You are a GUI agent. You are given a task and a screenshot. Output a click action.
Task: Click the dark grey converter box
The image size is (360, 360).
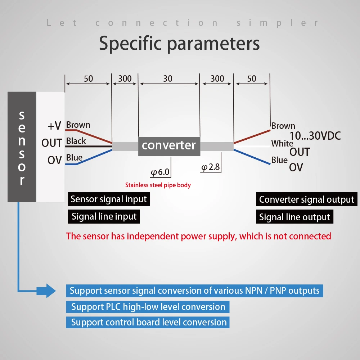(169, 146)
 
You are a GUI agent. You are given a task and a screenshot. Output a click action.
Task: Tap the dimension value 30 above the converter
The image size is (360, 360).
(168, 78)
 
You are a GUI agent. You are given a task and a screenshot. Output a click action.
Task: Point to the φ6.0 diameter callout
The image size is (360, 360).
(160, 172)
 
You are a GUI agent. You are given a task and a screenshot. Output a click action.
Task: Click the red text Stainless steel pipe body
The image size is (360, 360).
(158, 185)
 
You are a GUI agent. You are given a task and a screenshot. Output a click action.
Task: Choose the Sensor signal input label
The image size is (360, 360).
(109, 199)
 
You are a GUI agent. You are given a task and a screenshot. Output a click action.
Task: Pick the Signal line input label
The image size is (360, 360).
(104, 216)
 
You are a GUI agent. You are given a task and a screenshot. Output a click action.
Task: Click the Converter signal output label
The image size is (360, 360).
(306, 199)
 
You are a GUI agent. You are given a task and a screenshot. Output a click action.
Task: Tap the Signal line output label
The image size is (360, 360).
(294, 217)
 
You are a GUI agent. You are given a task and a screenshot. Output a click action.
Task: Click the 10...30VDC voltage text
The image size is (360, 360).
(315, 136)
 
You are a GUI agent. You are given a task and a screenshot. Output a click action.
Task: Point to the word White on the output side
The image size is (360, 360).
(282, 144)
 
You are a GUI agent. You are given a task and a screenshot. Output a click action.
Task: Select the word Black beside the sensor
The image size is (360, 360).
(76, 141)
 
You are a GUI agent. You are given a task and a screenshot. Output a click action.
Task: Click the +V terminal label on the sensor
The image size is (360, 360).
(54, 126)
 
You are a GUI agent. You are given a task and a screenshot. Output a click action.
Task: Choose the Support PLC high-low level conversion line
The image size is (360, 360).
(148, 307)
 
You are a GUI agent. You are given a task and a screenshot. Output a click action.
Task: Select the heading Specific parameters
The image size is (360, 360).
(179, 44)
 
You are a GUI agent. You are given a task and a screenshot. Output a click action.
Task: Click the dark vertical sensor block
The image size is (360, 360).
(22, 147)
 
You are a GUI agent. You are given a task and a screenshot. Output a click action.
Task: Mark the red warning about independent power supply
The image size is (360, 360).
(198, 236)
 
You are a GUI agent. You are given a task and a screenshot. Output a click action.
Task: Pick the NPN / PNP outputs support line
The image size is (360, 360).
(194, 291)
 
